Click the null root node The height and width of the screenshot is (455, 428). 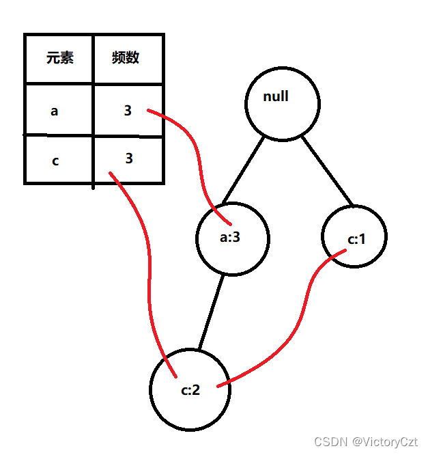(x=282, y=103)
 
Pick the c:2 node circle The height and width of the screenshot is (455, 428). (x=190, y=390)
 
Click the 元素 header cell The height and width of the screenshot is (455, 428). (x=59, y=58)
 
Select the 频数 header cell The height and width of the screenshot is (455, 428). (x=128, y=58)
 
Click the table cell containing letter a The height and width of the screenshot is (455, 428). (x=59, y=110)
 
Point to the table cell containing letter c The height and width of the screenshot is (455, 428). (x=59, y=161)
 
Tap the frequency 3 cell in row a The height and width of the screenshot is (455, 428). (x=128, y=110)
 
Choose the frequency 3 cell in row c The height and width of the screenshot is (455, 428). (x=128, y=159)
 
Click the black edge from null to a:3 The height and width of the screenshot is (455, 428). (x=242, y=171)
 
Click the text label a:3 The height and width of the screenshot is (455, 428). (x=231, y=239)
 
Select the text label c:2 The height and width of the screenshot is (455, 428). (x=190, y=391)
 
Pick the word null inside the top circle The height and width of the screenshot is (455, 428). (x=276, y=96)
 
